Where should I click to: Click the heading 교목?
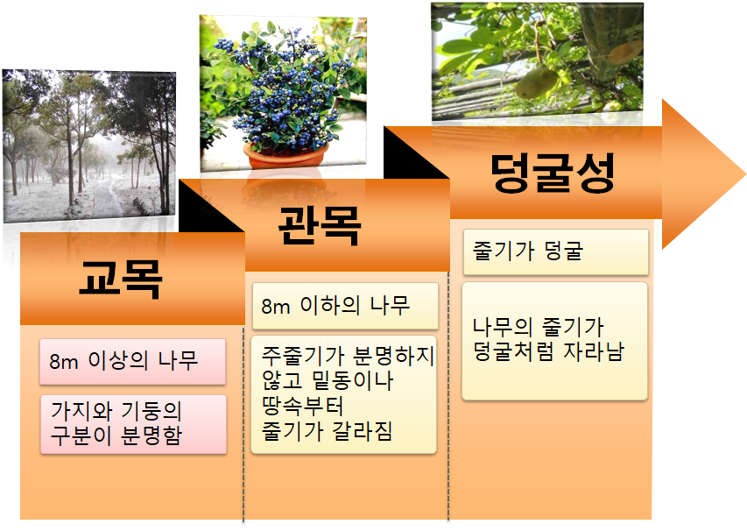click(x=121, y=280)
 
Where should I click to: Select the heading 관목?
click(x=319, y=225)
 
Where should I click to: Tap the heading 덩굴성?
click(x=553, y=173)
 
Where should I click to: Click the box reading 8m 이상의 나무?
click(x=132, y=362)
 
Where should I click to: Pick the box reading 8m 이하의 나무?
click(x=345, y=306)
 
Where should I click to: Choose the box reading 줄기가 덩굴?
click(x=555, y=251)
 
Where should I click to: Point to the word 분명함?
click(x=152, y=435)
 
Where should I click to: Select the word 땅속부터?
click(x=302, y=406)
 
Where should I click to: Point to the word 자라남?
click(x=594, y=351)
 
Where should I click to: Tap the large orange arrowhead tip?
click(x=745, y=174)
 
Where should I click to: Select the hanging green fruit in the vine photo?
click(x=536, y=82)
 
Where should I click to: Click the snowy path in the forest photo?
click(x=107, y=195)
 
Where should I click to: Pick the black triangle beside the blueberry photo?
click(x=416, y=152)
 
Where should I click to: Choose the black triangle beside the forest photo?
click(x=212, y=206)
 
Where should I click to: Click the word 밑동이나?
click(x=353, y=380)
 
